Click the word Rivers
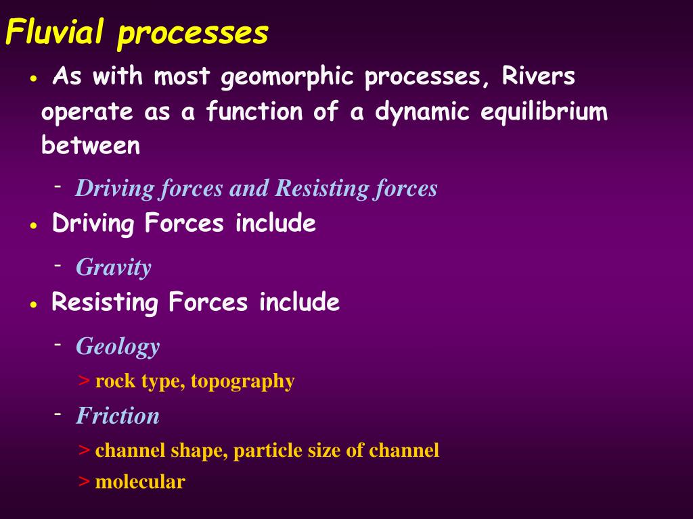point(539,77)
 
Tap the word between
point(91,145)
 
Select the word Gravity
point(114,268)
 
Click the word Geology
point(118,347)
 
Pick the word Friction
point(118,416)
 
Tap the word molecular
point(140,483)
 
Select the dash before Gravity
point(59,264)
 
